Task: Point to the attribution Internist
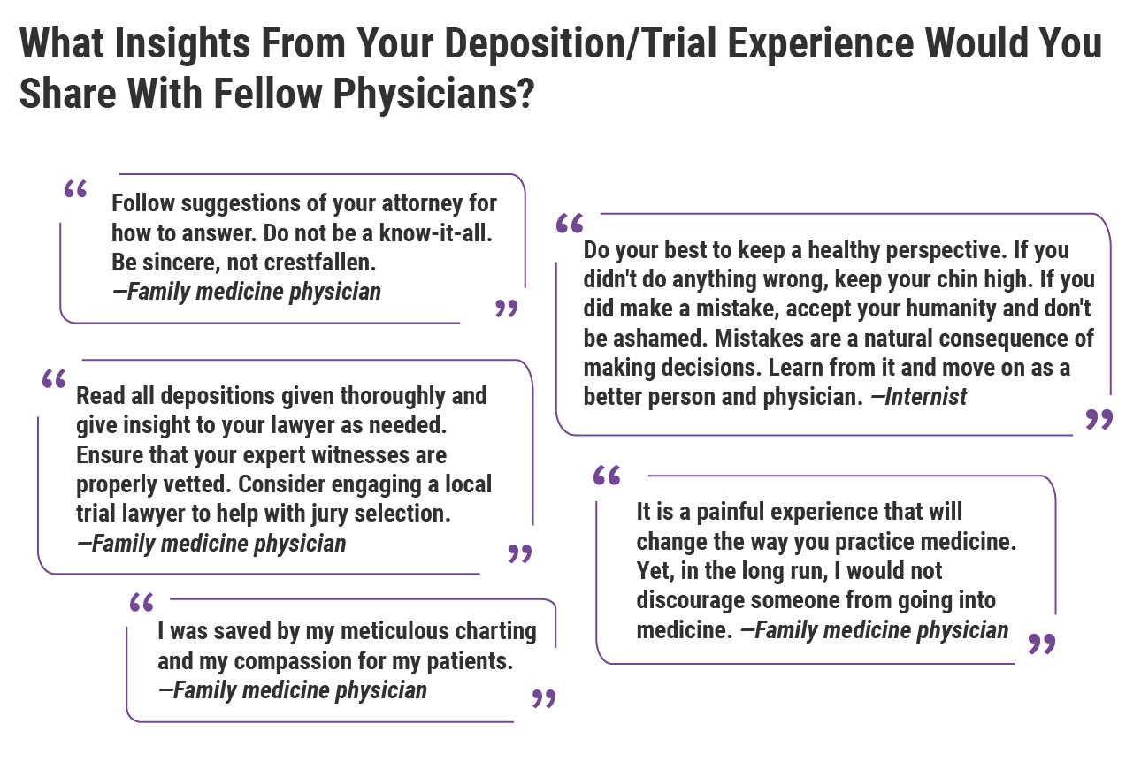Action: [926, 396]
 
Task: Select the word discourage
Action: [690, 599]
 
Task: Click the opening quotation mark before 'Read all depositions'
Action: [54, 378]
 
